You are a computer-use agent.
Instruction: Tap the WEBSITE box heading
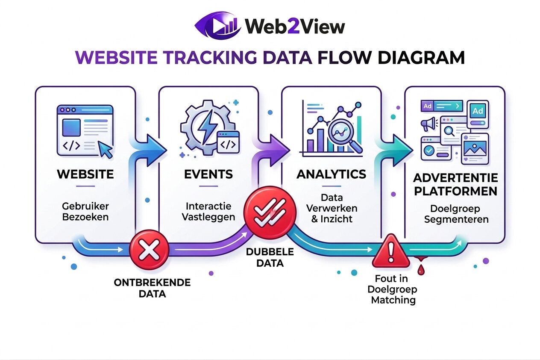(85, 174)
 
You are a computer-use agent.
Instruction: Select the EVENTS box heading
(208, 174)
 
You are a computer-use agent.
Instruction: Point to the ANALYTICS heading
(331, 174)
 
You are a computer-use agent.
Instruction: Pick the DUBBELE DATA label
(270, 257)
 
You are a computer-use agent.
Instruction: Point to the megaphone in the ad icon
(428, 124)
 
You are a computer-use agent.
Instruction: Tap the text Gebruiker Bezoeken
(85, 211)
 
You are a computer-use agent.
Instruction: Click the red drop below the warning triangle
(422, 270)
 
